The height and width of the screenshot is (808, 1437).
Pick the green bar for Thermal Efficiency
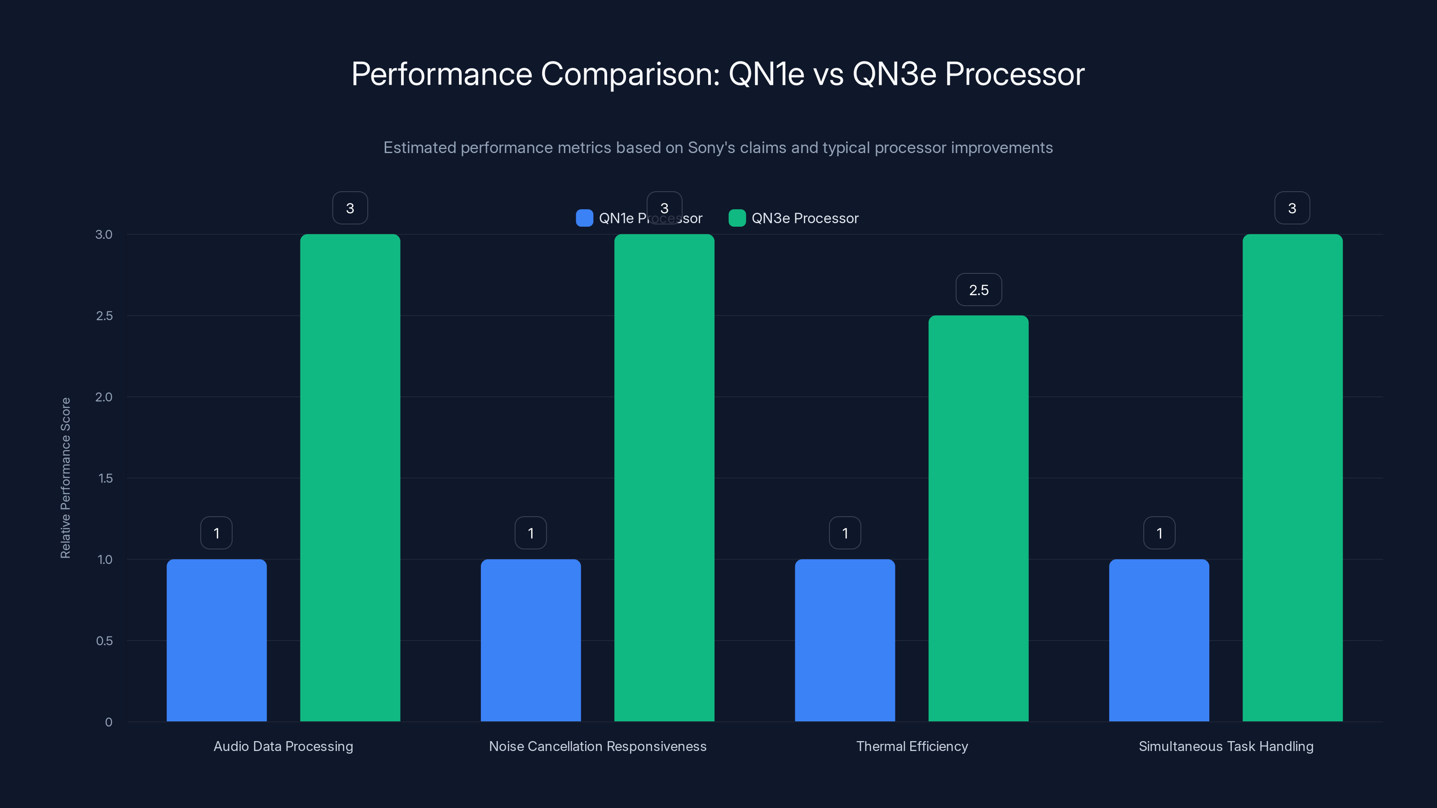(978, 518)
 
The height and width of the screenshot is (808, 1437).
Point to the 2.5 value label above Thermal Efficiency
(979, 290)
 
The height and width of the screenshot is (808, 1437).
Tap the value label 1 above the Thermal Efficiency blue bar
(845, 534)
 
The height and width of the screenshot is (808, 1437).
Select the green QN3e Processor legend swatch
(737, 218)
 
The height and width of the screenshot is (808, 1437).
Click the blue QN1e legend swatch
(584, 218)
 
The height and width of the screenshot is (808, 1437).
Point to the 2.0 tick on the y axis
(104, 397)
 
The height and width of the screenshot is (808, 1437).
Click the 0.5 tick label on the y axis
(104, 641)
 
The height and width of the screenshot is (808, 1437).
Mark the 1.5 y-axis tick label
(105, 479)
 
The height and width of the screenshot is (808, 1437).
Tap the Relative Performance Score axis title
(65, 478)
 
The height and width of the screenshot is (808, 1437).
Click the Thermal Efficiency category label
(912, 746)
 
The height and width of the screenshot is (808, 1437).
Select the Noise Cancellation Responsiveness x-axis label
(597, 746)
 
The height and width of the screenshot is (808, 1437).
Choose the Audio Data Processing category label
(283, 746)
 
